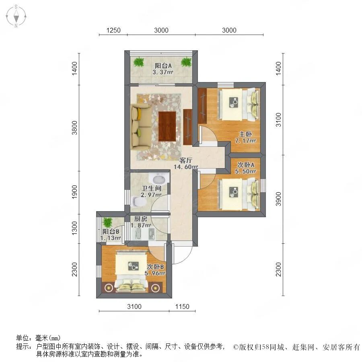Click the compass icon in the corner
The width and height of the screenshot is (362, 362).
tap(16, 16)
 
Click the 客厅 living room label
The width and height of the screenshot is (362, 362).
tap(185, 160)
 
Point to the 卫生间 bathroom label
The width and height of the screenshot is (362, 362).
tap(151, 188)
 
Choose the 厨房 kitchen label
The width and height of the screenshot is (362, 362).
tap(140, 219)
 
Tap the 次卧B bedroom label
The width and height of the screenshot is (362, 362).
tap(156, 266)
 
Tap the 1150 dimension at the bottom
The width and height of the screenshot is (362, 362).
tap(182, 307)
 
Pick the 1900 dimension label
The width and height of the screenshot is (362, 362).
tap(74, 191)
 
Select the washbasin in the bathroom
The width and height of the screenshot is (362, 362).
tap(159, 178)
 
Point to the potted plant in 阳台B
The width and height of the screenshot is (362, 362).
tap(107, 222)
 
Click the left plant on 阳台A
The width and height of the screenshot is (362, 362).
tap(139, 62)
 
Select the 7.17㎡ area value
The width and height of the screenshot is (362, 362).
tap(245, 141)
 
